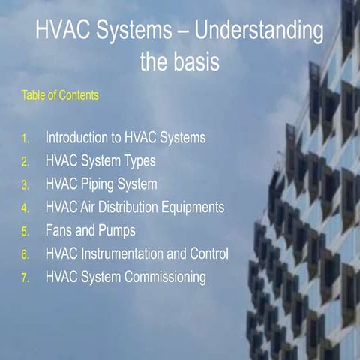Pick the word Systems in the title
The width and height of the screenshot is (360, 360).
(139, 33)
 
